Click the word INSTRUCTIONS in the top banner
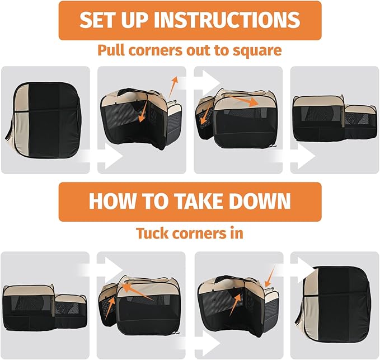click(227, 20)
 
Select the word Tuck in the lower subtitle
click(152, 233)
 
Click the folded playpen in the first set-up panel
click(43, 120)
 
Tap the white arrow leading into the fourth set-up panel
click(294, 156)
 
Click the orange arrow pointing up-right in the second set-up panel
click(173, 87)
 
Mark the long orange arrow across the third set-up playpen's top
click(244, 101)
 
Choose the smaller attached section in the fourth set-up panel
click(360, 123)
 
